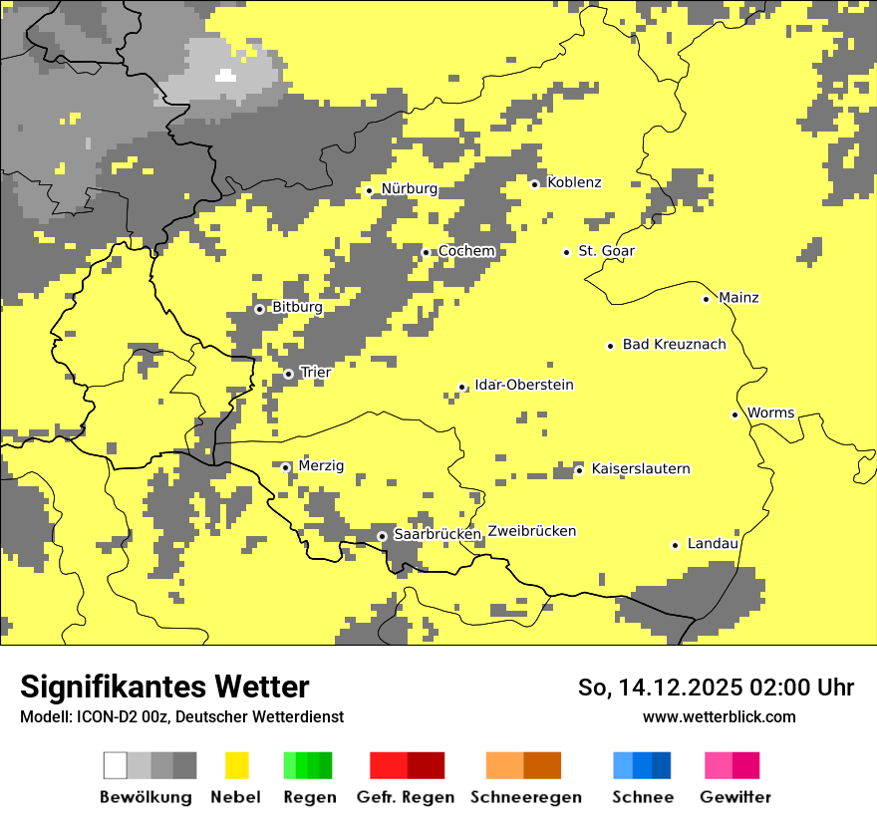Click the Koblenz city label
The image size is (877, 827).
[574, 182]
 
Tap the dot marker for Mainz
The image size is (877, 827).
[706, 299]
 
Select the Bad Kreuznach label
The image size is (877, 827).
[674, 345]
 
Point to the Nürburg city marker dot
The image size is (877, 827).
[369, 190]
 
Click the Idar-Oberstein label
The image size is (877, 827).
[524, 385]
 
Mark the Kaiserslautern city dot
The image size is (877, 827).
[579, 470]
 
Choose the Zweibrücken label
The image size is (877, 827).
[532, 531]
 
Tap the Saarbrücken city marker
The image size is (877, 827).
[382, 536]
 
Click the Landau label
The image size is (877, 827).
[713, 544]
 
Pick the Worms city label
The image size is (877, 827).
[770, 413]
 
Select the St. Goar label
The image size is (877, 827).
[606, 251]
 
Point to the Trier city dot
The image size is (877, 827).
[289, 374]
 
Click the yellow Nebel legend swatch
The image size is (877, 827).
[236, 765]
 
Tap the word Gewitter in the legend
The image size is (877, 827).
[734, 797]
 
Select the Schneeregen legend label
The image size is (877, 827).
[525, 797]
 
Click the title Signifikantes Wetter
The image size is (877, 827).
[164, 687]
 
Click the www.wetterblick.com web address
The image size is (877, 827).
[719, 716]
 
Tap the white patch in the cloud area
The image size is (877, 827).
[226, 75]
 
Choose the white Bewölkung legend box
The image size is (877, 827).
[116, 765]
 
